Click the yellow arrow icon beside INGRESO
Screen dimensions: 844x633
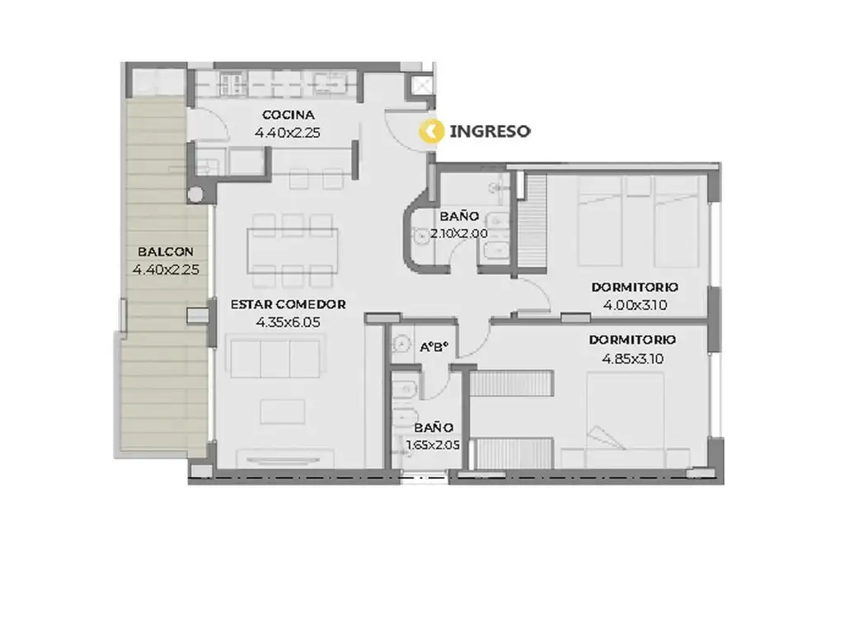[431, 131]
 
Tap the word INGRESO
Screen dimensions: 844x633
[490, 131]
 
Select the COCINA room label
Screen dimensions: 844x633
[288, 115]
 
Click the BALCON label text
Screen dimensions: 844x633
[165, 252]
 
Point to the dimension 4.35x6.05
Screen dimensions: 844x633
[288, 322]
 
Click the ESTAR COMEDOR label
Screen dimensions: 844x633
[288, 305]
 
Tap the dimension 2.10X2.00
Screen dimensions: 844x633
[458, 233]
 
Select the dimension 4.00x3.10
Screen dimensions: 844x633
[635, 305]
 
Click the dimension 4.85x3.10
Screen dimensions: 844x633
[632, 359]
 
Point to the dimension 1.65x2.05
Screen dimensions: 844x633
[433, 445]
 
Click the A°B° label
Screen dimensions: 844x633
[434, 347]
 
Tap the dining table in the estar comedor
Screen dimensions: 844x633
[293, 251]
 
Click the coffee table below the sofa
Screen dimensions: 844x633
[283, 412]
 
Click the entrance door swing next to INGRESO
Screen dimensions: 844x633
[406, 131]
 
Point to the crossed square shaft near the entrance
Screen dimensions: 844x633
[421, 85]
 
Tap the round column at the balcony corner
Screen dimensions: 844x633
[195, 194]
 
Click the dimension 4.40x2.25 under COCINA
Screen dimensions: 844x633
[288, 133]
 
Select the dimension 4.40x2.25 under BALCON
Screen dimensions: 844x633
[166, 270]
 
